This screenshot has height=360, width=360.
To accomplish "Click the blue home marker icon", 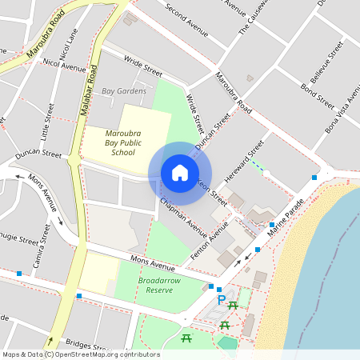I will coord(180,173).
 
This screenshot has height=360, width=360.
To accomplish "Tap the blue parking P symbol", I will coord(222,300).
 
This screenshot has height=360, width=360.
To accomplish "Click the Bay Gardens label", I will coord(124,91).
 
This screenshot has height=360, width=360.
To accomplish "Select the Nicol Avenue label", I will coord(62,63).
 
